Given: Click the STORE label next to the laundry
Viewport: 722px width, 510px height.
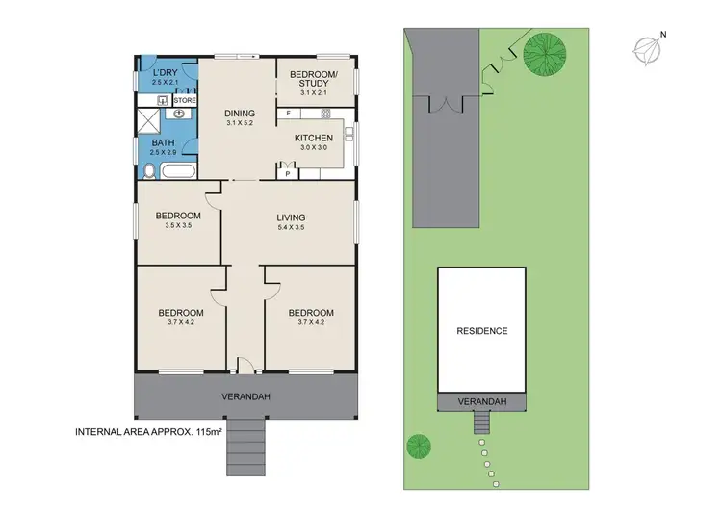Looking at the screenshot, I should pos(185,99).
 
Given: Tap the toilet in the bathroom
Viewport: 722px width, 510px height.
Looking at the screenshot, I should pos(148,172).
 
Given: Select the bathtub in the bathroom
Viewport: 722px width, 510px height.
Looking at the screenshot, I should pos(179,172).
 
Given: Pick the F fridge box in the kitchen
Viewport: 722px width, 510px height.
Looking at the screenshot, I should pos(288,115).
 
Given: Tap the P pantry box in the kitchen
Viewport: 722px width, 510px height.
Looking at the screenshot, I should pos(288,173).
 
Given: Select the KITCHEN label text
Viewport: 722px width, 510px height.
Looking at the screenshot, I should pos(314,138).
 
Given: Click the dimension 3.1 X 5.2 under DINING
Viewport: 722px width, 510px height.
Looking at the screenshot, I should pos(240,123).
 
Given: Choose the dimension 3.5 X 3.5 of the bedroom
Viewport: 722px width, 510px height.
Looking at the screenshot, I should pos(180,225).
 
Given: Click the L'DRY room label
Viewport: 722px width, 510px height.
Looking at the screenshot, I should pos(166,72).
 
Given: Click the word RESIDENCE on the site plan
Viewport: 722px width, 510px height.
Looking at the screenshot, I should pos(481,331).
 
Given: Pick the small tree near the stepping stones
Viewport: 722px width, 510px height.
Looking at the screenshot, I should pos(418,446).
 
